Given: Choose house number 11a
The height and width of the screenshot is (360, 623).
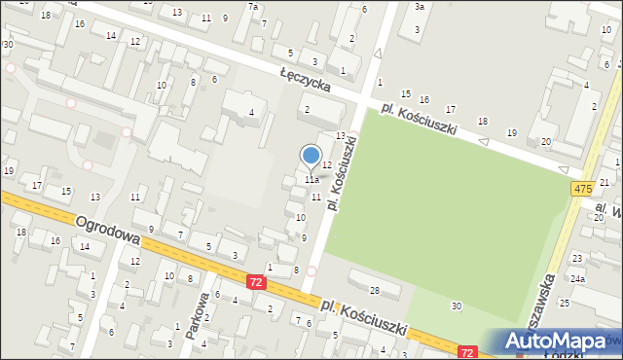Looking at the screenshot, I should [311, 180].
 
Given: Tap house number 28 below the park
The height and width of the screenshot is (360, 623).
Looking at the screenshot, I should [374, 290].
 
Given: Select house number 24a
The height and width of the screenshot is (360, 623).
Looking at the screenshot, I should [578, 278].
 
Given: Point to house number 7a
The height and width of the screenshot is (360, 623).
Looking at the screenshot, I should [253, 7].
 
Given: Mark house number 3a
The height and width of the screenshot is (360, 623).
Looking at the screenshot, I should [419, 7].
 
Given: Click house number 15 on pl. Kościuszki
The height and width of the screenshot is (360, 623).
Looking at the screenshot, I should [405, 93].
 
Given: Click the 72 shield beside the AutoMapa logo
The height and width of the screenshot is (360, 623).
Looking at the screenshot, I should [468, 352].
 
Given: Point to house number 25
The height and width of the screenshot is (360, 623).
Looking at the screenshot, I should [565, 304].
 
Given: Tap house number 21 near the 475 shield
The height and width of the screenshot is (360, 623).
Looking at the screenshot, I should [604, 183].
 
